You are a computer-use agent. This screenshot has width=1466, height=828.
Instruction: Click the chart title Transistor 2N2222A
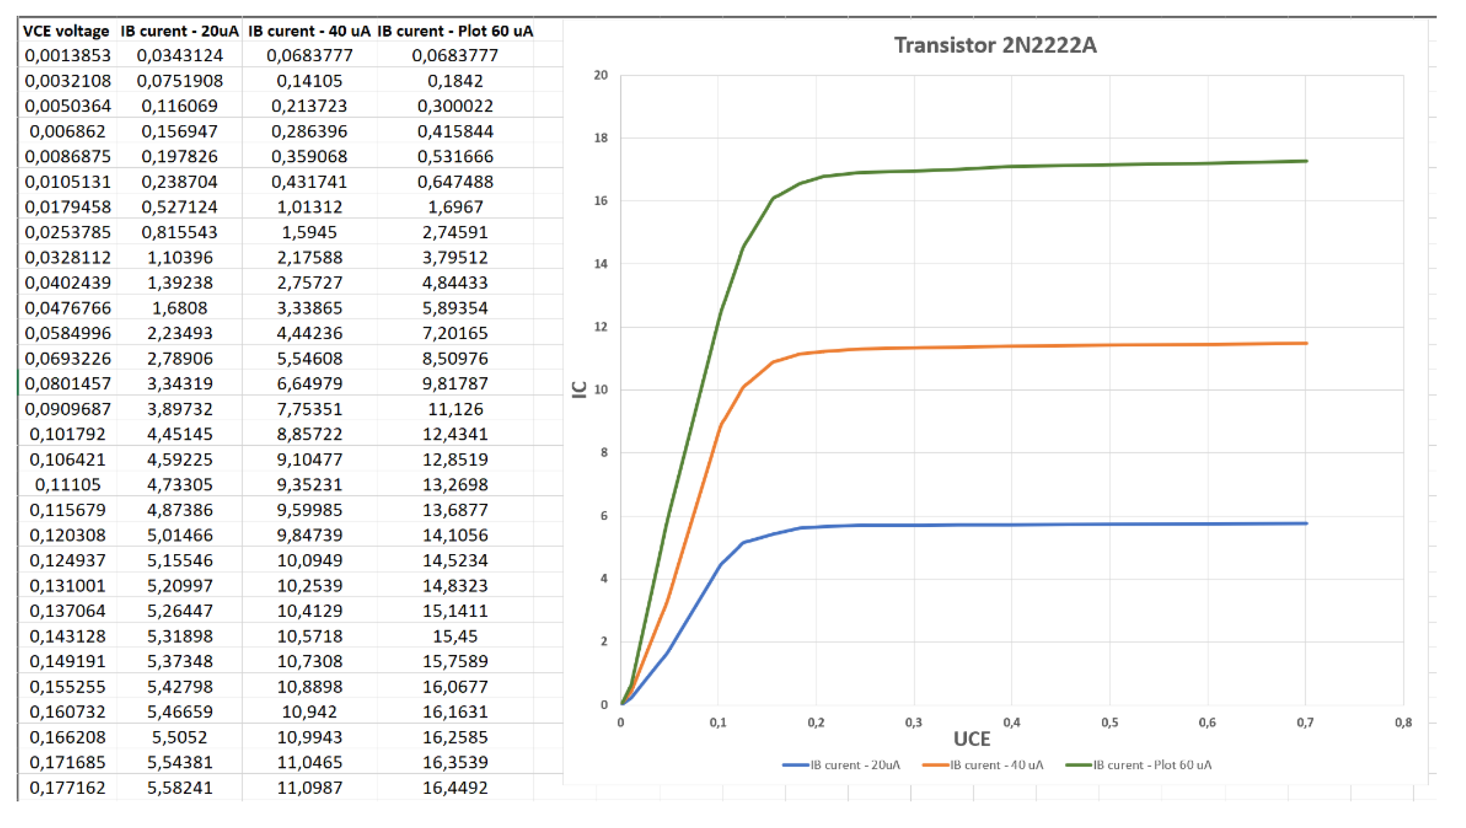(995, 45)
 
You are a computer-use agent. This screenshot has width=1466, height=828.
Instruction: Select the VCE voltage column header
(66, 31)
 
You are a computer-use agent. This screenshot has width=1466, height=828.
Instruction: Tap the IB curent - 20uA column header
(179, 31)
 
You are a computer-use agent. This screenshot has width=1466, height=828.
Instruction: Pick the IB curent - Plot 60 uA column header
(455, 31)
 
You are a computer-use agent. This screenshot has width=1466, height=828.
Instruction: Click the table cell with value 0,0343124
(180, 56)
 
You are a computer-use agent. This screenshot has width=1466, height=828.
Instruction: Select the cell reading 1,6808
(180, 308)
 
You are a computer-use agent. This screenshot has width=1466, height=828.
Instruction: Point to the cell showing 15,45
(455, 637)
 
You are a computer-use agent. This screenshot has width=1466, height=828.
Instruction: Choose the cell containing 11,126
(455, 409)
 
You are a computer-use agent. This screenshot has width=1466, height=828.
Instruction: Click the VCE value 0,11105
(68, 485)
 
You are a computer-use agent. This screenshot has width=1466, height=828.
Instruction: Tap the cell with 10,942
(310, 711)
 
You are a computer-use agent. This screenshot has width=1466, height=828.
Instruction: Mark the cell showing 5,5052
(180, 737)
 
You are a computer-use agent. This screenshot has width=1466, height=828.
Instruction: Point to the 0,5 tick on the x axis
(1109, 723)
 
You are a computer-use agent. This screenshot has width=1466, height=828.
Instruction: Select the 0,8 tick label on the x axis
(1403, 723)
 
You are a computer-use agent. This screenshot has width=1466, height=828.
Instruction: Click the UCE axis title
(971, 739)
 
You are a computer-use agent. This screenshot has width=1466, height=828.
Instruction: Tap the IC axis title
(579, 390)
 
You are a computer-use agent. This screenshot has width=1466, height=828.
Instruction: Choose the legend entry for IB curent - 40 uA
(983, 765)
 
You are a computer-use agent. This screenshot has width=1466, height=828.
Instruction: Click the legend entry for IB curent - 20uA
(842, 765)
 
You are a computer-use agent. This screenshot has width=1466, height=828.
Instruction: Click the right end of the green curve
(1305, 161)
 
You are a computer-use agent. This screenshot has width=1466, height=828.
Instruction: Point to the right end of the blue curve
(1305, 523)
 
